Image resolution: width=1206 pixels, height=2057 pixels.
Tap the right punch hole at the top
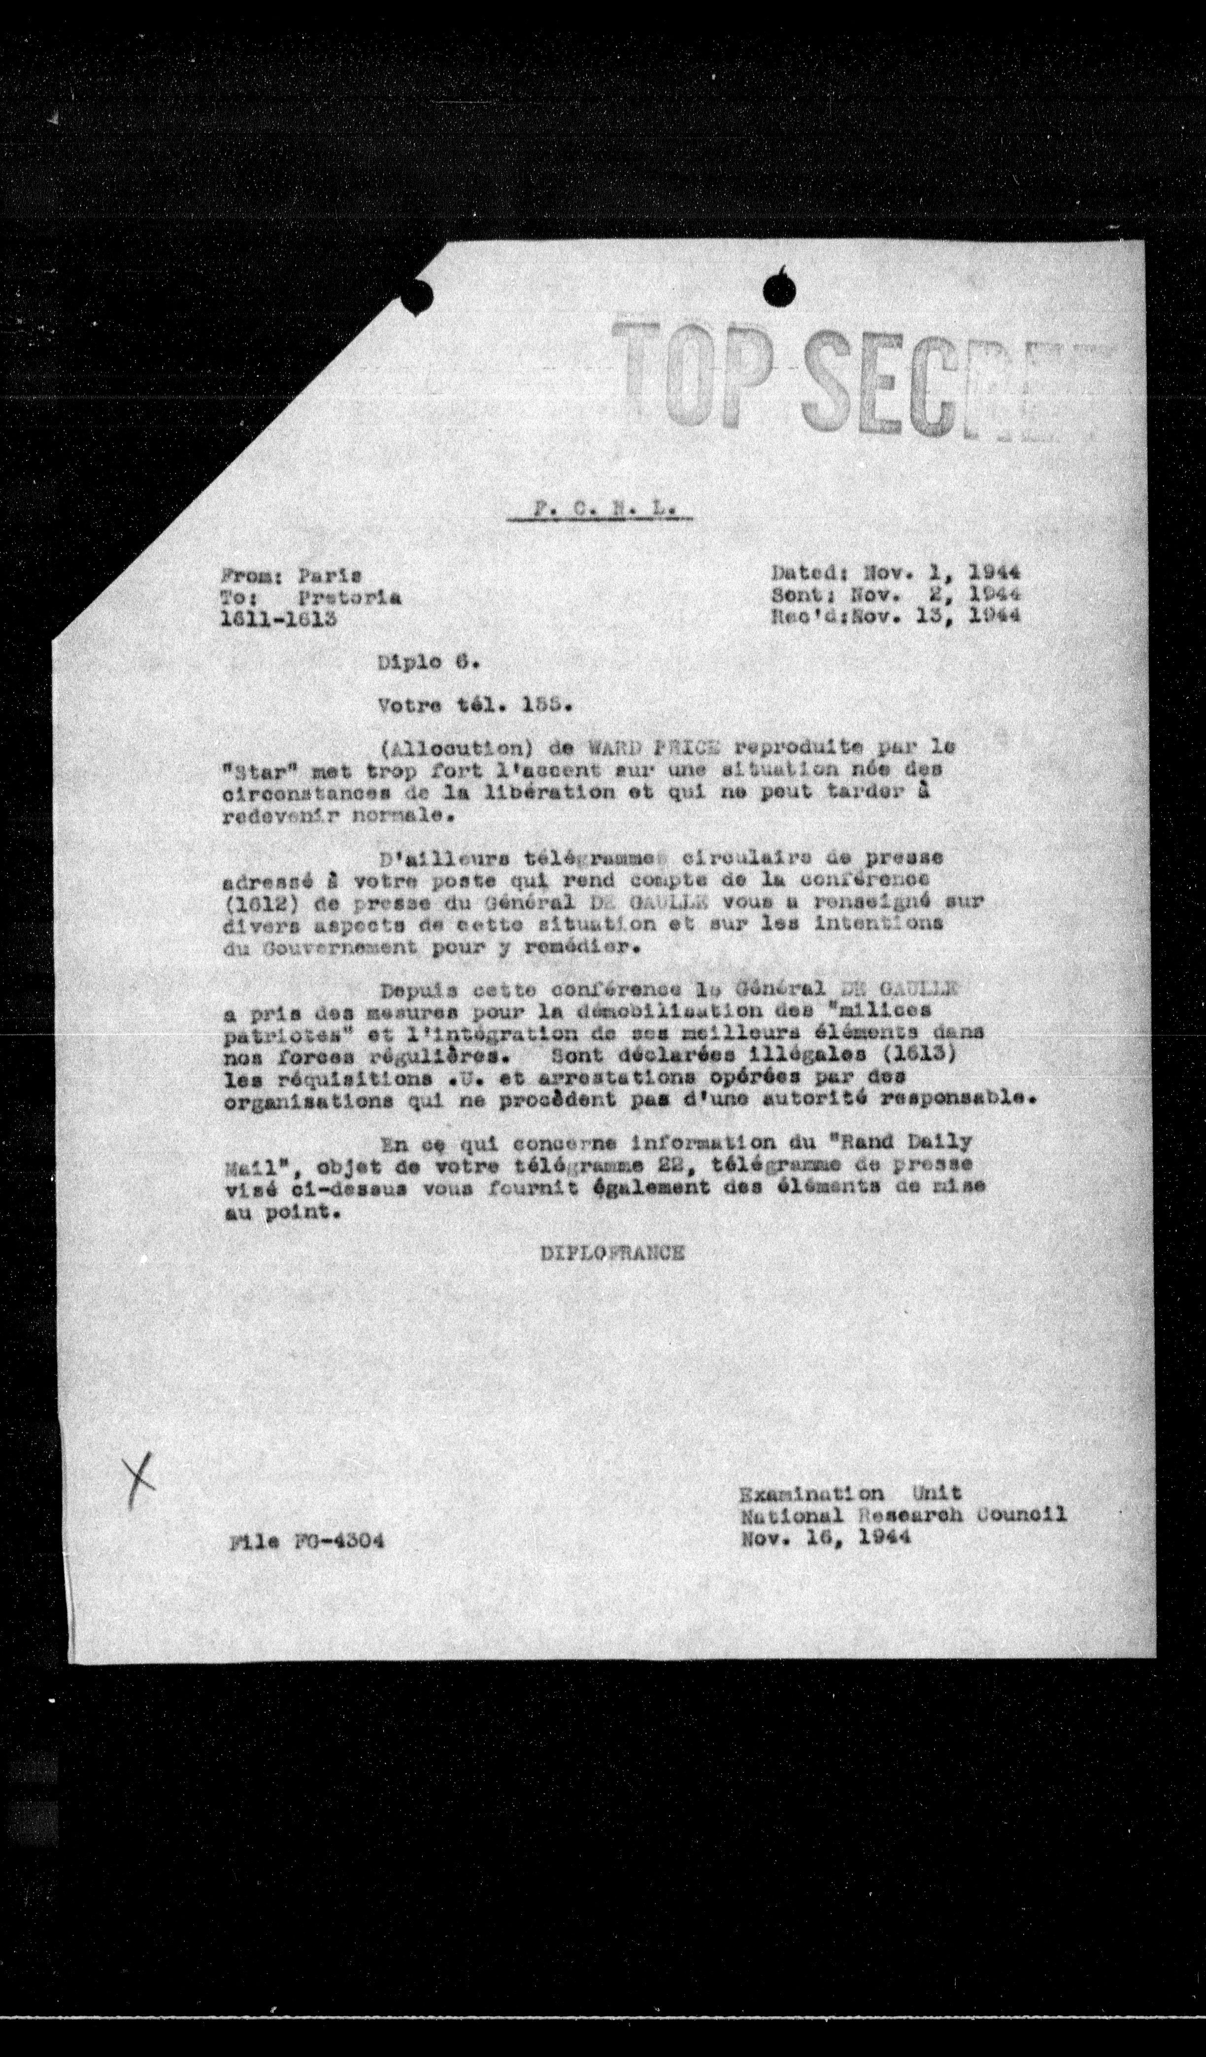[780, 288]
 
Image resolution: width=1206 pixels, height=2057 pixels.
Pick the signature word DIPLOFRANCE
[611, 1254]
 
